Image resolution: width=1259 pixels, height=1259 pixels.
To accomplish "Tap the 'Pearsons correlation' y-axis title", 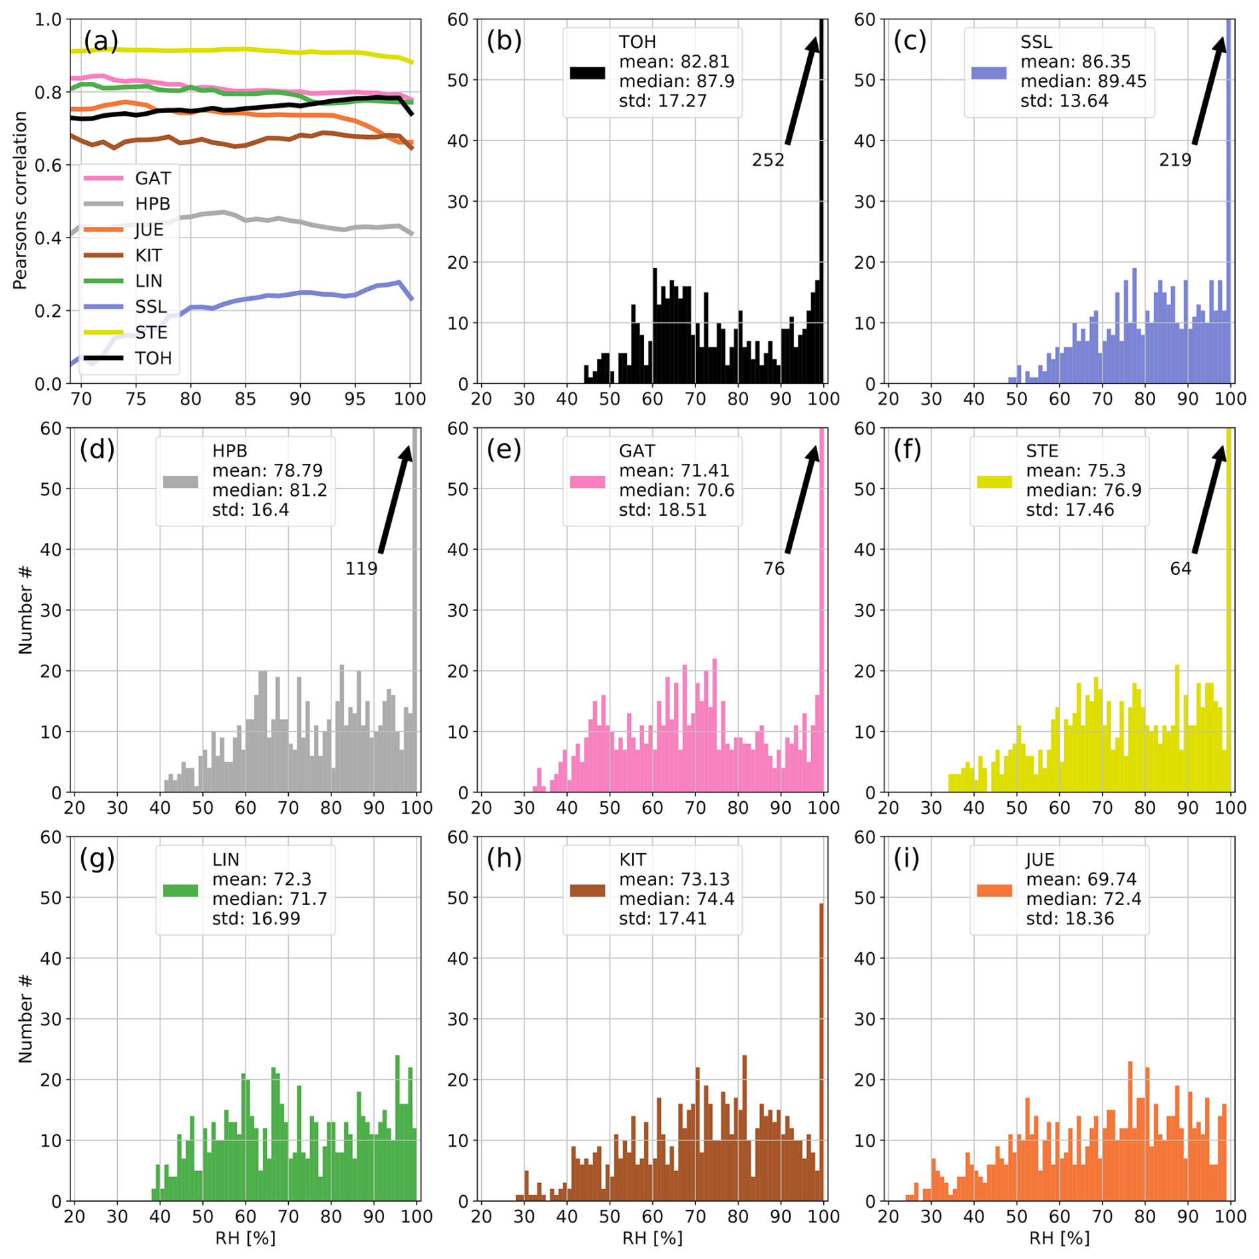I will coord(20,200).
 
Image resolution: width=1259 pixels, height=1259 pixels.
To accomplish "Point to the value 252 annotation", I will coord(768,160).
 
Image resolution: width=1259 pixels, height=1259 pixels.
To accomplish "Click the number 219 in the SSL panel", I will coord(1174,160).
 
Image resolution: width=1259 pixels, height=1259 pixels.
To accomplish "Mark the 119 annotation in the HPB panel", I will coord(361,569).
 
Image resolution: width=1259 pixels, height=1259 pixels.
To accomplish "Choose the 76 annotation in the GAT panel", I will coord(773,569).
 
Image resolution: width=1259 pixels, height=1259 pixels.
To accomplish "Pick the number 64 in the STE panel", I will coord(1180,569).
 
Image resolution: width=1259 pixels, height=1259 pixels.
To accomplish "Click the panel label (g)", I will coord(97,858).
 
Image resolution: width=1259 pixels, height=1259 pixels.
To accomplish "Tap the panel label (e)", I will coord(504,450).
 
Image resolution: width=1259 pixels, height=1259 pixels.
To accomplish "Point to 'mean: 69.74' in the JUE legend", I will coord(1081,879).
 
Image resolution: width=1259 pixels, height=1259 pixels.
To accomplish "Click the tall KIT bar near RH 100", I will coord(821,1051).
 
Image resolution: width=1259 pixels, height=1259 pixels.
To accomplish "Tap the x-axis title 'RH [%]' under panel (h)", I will coord(652,1238).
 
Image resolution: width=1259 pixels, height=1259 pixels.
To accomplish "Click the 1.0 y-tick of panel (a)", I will coord(48,20).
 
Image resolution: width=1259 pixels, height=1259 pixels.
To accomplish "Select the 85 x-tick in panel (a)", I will coord(246,399).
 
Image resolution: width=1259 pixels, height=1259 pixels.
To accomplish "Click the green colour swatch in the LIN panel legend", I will coord(180,890).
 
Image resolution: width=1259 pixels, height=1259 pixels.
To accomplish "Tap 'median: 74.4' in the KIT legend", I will coord(676,899).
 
